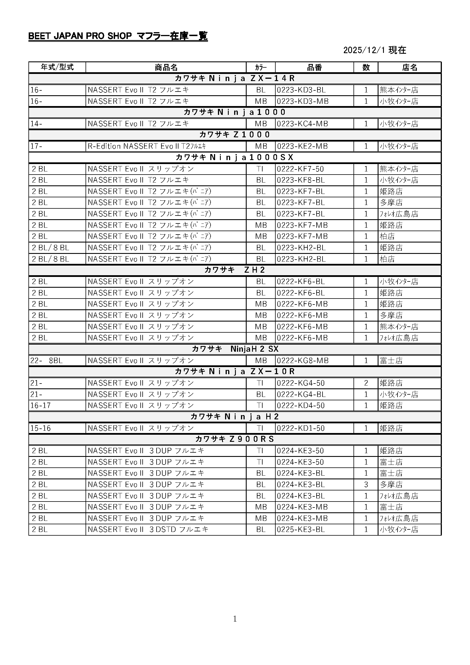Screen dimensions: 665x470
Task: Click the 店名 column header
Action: click(409, 67)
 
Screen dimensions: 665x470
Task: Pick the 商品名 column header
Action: click(166, 67)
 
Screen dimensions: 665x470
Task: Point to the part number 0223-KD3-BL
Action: click(301, 90)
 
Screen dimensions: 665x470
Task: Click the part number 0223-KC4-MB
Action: click(302, 124)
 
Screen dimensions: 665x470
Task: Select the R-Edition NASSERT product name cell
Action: click(147, 146)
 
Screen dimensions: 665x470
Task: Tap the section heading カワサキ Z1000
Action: click(235, 135)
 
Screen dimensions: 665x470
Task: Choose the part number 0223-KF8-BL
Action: click(301, 180)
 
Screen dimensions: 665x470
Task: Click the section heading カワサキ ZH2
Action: click(235, 270)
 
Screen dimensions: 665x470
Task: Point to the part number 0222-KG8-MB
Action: click(302, 361)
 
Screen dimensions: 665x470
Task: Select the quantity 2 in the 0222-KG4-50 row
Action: click(366, 383)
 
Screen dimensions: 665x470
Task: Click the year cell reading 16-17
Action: click(41, 405)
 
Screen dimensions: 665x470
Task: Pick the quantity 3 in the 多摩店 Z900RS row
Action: click(366, 484)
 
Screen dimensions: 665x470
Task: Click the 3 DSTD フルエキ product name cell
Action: click(148, 529)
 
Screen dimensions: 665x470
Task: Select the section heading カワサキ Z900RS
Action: click(235, 439)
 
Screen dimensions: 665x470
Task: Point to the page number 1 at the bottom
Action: click(235, 619)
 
